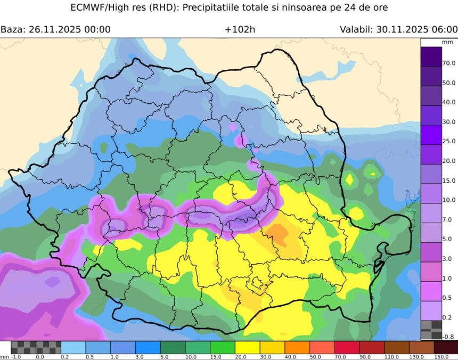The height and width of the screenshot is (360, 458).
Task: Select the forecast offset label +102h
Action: (240, 29)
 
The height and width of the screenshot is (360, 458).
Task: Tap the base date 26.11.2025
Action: (56, 29)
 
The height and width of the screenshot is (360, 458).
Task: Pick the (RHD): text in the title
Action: (153, 8)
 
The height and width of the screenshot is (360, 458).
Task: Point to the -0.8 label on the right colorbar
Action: (448, 337)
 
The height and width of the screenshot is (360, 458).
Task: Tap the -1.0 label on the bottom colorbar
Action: (17, 356)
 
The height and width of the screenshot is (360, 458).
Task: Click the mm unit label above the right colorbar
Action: (447, 42)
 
